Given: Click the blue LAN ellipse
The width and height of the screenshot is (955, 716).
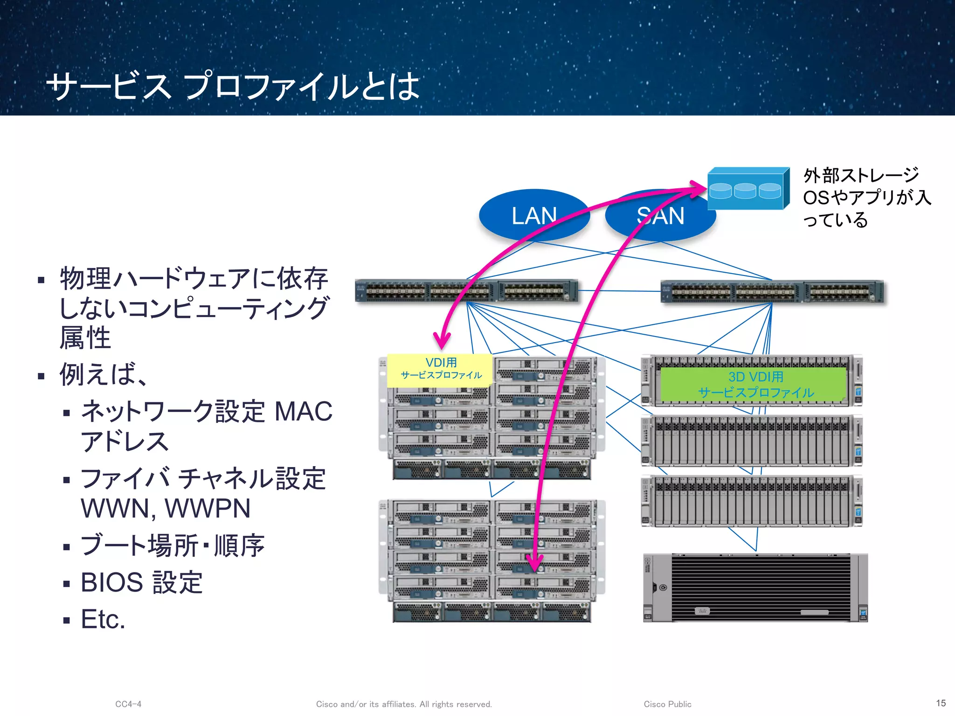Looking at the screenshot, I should [x=534, y=215].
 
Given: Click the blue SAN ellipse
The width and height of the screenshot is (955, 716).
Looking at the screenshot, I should [x=660, y=215].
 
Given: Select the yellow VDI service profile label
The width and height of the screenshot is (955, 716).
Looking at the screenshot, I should [x=440, y=369].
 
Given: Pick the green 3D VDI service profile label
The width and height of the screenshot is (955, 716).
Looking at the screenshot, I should [x=755, y=385].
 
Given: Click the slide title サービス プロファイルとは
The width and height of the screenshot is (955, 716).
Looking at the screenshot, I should [x=233, y=86].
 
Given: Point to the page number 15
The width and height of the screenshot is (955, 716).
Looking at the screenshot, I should [x=941, y=703].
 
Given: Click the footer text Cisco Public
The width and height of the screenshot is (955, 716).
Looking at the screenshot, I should [x=667, y=704].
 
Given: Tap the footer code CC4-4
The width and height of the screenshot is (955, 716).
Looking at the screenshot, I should [x=128, y=704].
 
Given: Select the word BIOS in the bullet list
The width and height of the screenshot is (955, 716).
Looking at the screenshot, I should [x=112, y=582].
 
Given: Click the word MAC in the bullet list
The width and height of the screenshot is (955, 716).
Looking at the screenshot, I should [x=304, y=412].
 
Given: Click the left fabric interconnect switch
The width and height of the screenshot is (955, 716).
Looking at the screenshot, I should [x=466, y=291].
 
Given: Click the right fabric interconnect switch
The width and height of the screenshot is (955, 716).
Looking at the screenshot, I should [x=772, y=292].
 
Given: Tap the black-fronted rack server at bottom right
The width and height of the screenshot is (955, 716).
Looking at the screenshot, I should [x=755, y=588].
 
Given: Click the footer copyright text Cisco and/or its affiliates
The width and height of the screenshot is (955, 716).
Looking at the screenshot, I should [x=404, y=704].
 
